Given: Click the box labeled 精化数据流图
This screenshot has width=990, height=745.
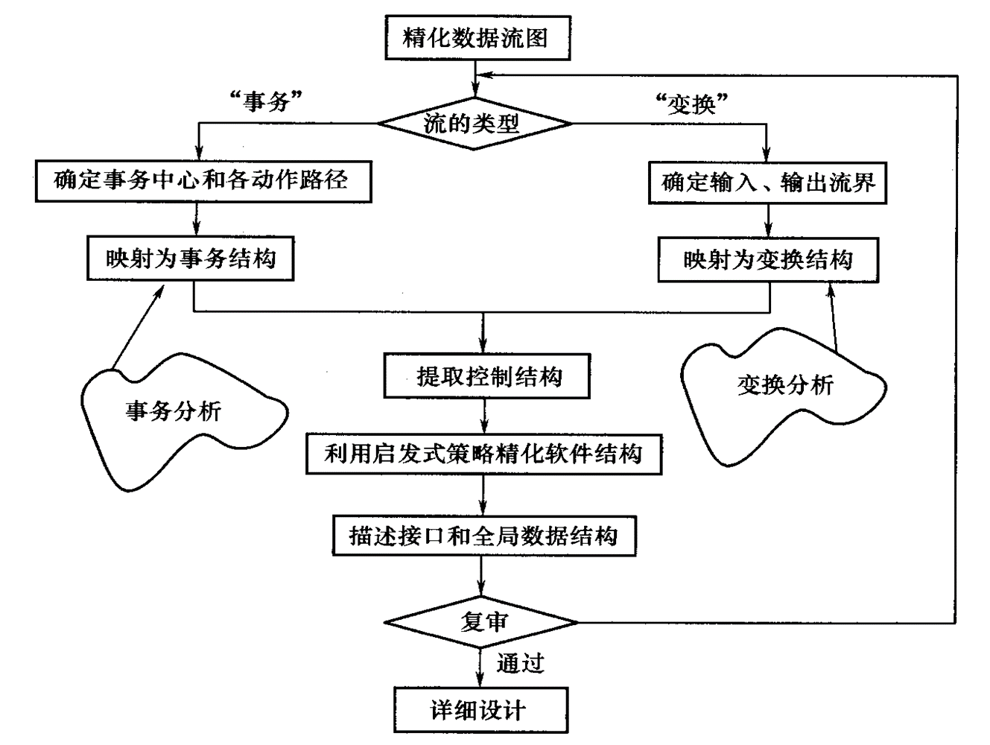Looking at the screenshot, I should [x=477, y=37].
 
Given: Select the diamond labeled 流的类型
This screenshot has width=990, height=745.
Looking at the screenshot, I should [x=475, y=124].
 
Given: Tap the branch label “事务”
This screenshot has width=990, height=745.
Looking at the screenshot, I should [x=266, y=101].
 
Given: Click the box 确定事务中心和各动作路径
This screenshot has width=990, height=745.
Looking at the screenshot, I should [x=203, y=180].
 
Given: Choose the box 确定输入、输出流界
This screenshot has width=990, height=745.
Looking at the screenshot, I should [x=767, y=183].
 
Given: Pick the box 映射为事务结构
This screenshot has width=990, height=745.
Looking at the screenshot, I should [x=190, y=259].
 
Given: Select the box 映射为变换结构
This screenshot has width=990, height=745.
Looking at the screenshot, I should [x=767, y=260].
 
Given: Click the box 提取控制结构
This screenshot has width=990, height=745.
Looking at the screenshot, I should [x=486, y=377].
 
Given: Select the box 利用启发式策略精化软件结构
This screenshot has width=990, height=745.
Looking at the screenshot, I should [x=483, y=454].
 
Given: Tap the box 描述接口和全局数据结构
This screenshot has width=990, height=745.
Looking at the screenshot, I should [x=483, y=536].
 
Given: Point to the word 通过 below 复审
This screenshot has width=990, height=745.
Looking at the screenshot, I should [x=520, y=663].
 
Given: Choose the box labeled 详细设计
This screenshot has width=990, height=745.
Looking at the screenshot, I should [x=480, y=709].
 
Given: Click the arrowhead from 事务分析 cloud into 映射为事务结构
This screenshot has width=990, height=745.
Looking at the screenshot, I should [x=161, y=288].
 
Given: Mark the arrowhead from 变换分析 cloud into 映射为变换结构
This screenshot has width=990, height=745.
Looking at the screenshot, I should [x=828, y=288].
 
